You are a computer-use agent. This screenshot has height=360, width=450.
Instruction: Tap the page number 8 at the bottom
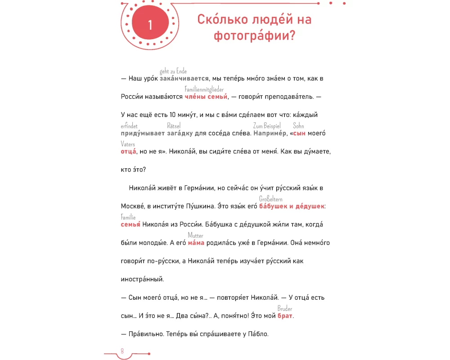(x=122, y=351)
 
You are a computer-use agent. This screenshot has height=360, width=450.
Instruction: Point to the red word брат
(x=285, y=316)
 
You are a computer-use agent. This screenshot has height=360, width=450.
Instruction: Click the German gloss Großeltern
(x=270, y=199)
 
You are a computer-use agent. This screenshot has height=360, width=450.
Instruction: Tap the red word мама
(x=196, y=243)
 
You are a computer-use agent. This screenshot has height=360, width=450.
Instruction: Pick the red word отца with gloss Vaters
(x=128, y=152)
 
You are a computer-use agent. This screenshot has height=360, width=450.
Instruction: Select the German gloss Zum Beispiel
(x=267, y=126)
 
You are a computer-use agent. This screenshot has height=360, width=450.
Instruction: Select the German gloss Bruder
(x=285, y=309)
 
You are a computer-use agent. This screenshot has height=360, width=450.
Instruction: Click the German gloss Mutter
(x=195, y=235)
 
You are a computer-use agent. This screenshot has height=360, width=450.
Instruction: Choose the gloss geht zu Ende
(x=173, y=71)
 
